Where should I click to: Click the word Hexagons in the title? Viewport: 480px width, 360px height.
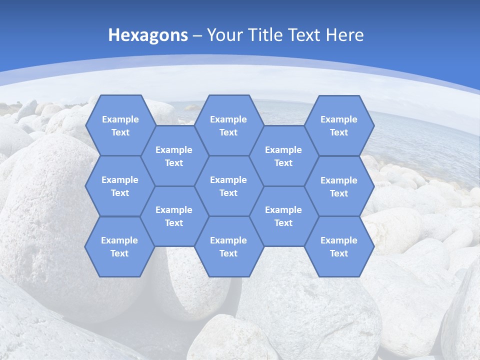(x=148, y=35)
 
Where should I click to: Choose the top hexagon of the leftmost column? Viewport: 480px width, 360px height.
(x=120, y=125)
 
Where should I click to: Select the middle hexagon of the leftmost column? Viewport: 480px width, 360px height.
(x=120, y=186)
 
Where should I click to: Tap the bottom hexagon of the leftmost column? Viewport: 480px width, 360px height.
(x=119, y=246)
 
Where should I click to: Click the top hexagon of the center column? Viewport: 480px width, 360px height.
(x=228, y=125)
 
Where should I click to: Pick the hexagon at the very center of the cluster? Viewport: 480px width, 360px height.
(x=228, y=186)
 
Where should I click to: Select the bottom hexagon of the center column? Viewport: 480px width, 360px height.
(x=228, y=246)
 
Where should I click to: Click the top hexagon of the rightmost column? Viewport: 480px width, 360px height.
(x=339, y=125)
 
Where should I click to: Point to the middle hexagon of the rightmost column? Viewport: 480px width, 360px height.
(x=339, y=186)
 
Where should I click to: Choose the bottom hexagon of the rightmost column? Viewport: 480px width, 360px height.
(x=339, y=246)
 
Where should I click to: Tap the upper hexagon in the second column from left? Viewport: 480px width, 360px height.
(x=174, y=156)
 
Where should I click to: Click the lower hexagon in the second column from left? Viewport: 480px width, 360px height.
(x=174, y=216)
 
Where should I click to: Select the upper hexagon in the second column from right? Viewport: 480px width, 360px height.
(x=283, y=156)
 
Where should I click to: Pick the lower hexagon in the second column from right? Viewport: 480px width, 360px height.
(x=283, y=216)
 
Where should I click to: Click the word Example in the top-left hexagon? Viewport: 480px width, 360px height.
(x=120, y=119)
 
